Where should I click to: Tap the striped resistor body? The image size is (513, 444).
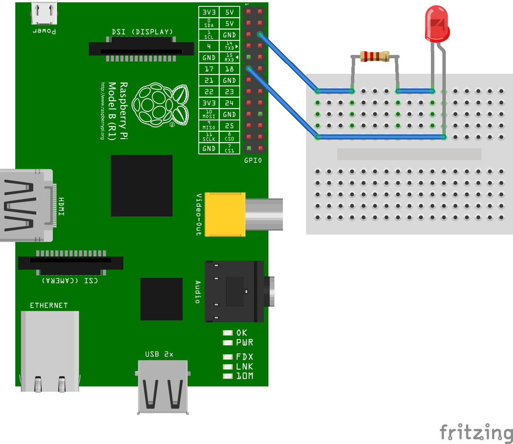click(x=374, y=56)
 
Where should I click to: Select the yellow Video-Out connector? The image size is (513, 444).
click(x=225, y=214)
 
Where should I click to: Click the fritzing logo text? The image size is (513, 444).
click(x=476, y=433)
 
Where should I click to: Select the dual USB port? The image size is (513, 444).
click(x=163, y=387)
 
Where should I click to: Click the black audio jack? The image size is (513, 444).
click(x=234, y=291)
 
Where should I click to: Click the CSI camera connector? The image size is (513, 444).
click(x=71, y=263)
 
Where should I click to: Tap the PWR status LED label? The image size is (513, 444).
click(x=245, y=343)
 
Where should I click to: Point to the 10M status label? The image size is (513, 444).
click(x=245, y=376)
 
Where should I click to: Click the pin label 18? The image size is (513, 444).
click(x=229, y=69)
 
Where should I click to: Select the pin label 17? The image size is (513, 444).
click(x=209, y=69)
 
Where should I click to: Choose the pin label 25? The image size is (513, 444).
click(x=229, y=126)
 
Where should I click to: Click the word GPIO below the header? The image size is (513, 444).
click(x=253, y=160)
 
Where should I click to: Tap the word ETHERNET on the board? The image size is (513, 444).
click(x=48, y=305)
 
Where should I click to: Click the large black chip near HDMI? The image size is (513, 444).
click(x=142, y=185)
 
